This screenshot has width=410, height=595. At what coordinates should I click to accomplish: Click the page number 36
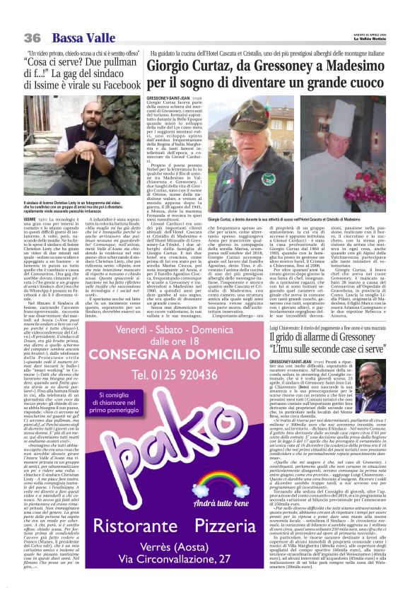pyautogui.click(x=32, y=37)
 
